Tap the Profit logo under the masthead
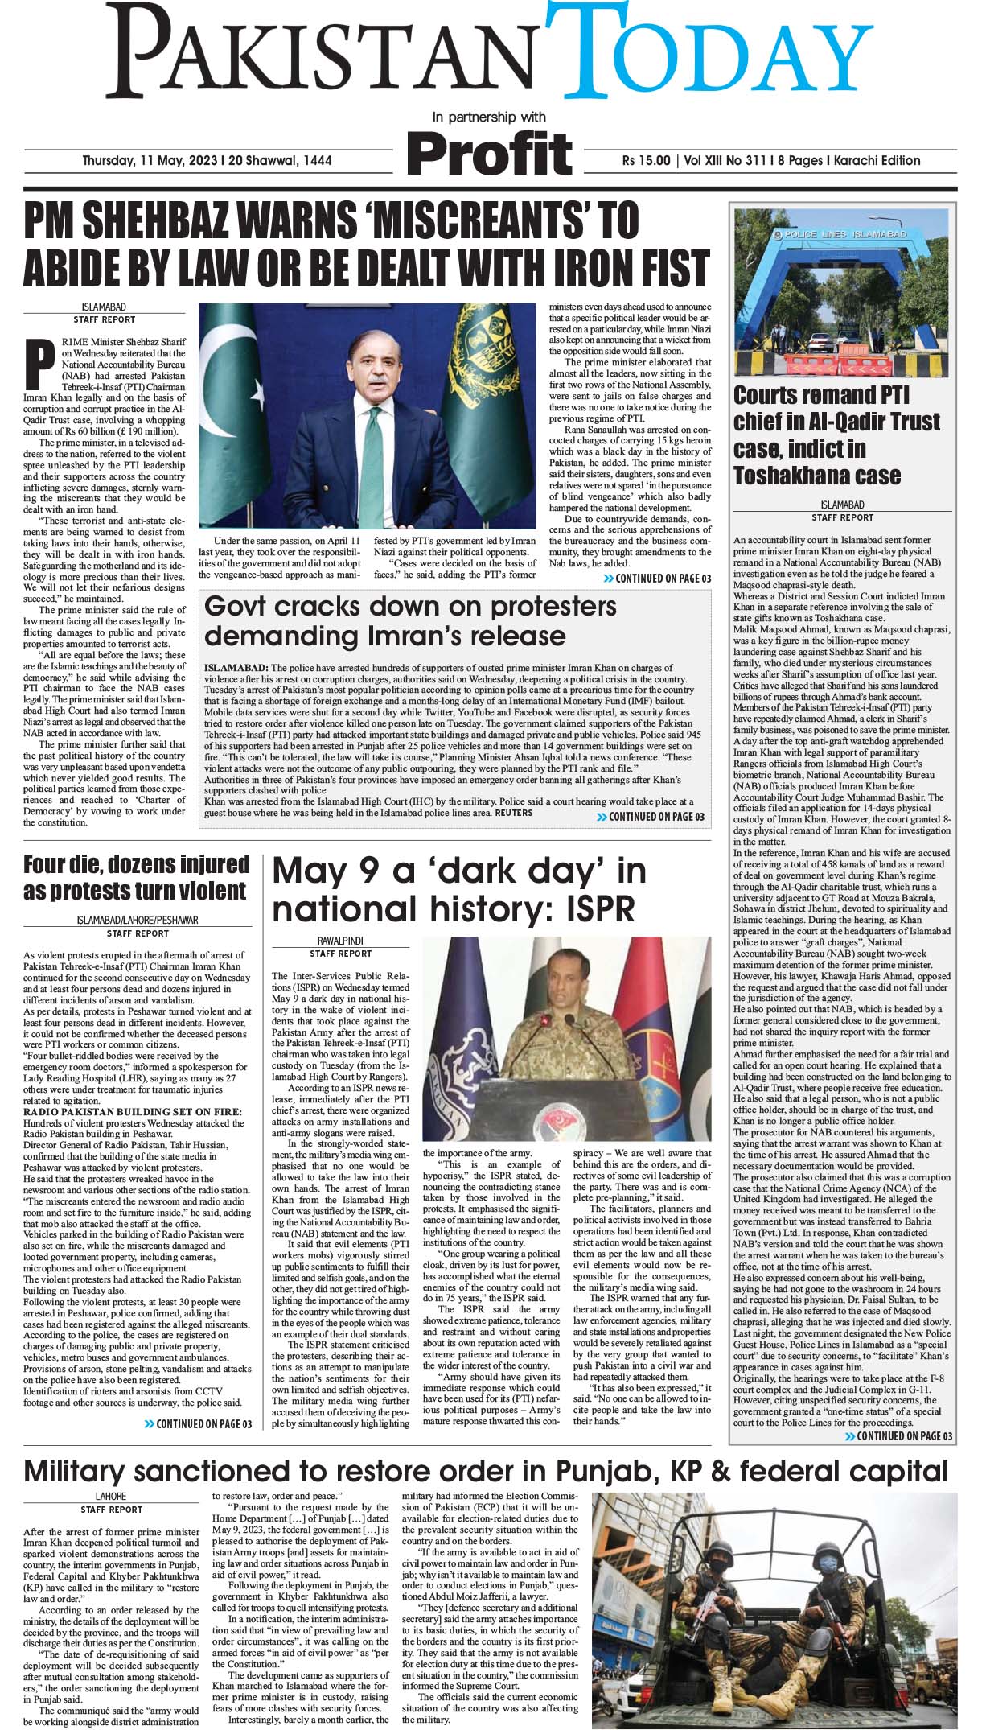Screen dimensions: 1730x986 (x=490, y=153)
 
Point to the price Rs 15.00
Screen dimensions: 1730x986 (x=645, y=161)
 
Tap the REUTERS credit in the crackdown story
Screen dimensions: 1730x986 (x=513, y=814)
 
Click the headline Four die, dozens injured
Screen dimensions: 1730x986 (x=137, y=865)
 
